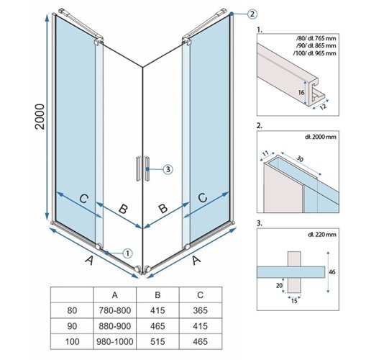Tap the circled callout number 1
[x=127, y=253]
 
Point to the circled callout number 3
[x=167, y=170]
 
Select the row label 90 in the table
[x=70, y=328]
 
